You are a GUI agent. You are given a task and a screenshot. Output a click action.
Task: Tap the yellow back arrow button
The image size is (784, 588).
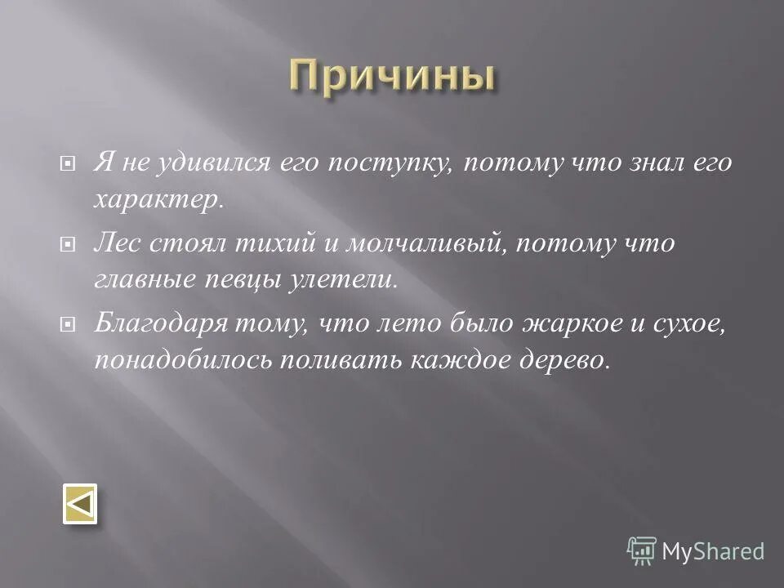tap(80, 504)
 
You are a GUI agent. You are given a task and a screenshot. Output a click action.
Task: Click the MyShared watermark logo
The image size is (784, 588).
tap(696, 550)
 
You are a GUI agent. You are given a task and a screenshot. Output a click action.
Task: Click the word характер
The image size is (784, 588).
tap(157, 200)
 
